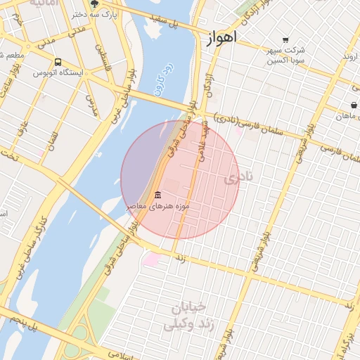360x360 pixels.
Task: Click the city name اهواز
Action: [222, 37]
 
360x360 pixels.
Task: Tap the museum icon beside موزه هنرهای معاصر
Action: [157, 195]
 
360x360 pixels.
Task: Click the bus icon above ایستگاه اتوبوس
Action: [58, 61]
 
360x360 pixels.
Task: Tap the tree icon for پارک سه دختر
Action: [95, 4]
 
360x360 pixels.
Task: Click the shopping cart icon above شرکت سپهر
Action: [285, 40]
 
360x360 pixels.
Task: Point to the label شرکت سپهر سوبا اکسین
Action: [285, 56]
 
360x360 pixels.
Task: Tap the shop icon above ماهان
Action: [353, 105]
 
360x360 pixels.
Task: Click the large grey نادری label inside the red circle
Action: [237, 179]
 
